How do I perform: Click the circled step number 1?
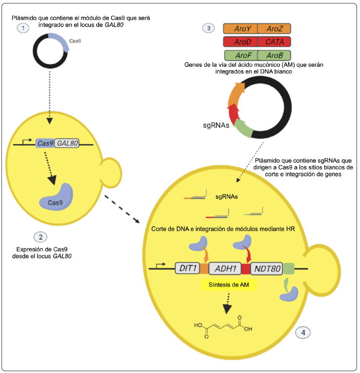pos(23,28)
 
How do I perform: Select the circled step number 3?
pos(209,28)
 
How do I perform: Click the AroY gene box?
pos(240,29)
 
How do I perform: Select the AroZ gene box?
pos(274,29)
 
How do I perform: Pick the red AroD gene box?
pos(240,42)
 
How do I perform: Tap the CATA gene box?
pos(274,42)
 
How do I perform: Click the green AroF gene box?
pos(240,55)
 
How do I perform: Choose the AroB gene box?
pos(274,55)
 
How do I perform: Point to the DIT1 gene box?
pos(187,268)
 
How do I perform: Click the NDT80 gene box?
pos(266,268)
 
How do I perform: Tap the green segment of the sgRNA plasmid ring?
pos(244,129)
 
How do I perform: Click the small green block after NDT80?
pos(289,268)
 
